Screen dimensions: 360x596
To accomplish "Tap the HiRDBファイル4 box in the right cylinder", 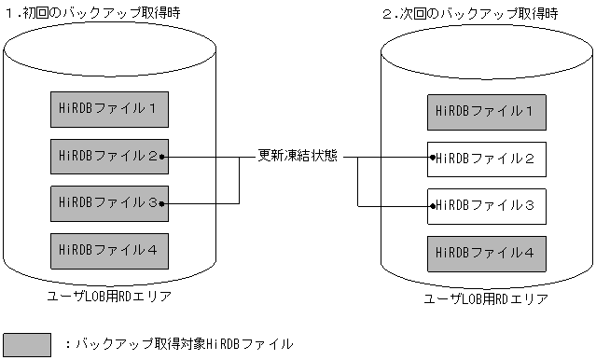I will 485,253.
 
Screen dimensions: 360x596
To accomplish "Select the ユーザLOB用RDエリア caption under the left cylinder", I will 109,296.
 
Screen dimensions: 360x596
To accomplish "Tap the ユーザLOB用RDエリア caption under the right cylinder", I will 485,298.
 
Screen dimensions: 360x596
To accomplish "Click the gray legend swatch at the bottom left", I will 27,344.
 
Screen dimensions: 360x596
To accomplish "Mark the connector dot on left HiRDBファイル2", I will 162,157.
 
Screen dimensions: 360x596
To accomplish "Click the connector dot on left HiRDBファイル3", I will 162,202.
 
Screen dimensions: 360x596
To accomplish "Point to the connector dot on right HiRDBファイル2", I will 432,159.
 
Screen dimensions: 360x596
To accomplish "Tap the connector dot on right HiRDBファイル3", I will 432,204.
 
